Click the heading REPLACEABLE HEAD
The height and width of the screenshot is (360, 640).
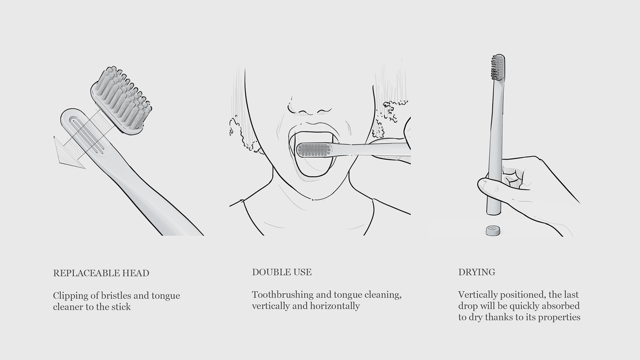click(x=101, y=273)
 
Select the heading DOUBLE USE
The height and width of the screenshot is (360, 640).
click(x=282, y=272)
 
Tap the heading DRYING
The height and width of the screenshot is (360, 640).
click(x=477, y=272)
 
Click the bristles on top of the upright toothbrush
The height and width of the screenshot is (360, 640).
click(x=498, y=67)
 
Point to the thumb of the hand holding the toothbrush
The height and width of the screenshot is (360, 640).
click(x=490, y=187)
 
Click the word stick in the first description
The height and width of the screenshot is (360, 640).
click(x=121, y=307)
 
